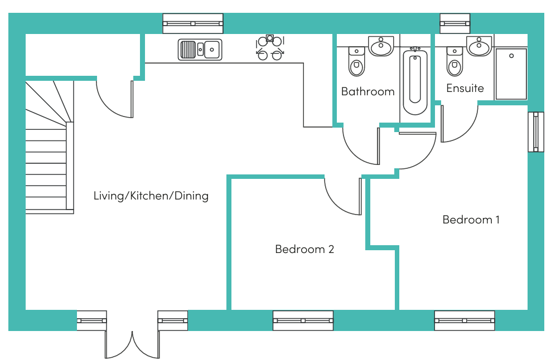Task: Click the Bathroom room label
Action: (368, 91)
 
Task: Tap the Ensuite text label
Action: (465, 88)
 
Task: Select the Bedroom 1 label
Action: (471, 220)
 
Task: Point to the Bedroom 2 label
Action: (304, 249)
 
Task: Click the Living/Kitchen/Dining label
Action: (151, 196)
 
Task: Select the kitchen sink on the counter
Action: (200, 49)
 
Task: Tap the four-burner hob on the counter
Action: (270, 47)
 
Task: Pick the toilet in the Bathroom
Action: (356, 62)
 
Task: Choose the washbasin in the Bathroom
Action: (381, 46)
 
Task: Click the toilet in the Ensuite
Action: (455, 62)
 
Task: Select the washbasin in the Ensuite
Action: (479, 46)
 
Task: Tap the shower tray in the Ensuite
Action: (511, 74)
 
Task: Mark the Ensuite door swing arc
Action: (460, 124)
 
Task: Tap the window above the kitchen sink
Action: (193, 24)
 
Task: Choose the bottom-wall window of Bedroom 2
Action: (303, 320)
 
